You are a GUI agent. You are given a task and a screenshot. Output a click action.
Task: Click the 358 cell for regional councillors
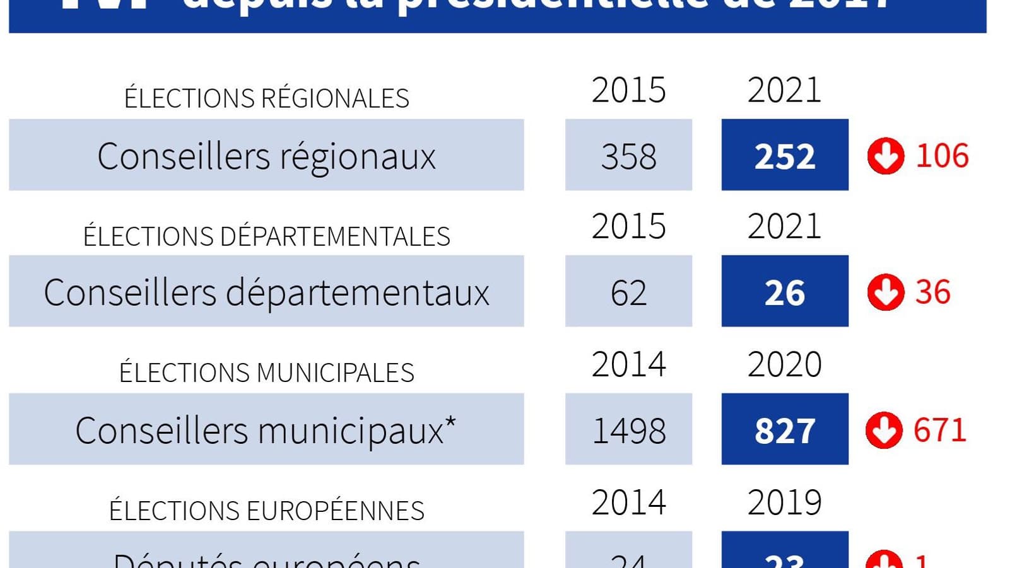628,156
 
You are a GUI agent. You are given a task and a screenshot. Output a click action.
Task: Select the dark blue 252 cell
785,156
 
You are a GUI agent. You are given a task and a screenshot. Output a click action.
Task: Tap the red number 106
942,156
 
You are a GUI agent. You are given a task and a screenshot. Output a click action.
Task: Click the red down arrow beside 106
886,156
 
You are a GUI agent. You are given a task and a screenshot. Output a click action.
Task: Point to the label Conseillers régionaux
266,156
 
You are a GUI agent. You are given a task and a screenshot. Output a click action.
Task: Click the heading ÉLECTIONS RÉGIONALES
266,98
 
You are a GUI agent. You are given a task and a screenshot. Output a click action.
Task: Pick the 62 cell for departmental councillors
628,292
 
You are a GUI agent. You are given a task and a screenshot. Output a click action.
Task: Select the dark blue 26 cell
785,292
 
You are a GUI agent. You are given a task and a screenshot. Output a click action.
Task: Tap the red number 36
932,292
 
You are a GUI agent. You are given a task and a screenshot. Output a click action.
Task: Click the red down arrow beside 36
886,292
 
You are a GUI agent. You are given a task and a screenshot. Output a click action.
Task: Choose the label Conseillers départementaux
266,292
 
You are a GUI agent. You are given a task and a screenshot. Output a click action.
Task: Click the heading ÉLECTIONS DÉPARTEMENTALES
266,236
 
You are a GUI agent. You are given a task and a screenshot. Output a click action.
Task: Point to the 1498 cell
628,430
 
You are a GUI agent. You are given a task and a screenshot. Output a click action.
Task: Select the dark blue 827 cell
785,430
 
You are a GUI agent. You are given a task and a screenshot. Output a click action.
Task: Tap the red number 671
940,430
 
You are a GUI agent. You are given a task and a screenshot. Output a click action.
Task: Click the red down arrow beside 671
884,430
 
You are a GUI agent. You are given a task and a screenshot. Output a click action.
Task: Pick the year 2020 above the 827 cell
784,364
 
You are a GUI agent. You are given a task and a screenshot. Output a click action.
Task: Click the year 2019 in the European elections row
784,502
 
